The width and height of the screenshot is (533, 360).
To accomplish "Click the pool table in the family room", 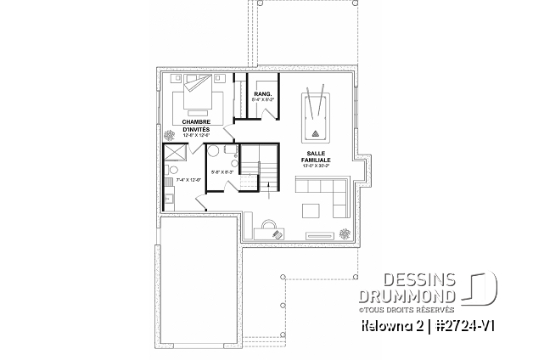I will [315, 116].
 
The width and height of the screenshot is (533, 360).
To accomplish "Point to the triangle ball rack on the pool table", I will [317, 132].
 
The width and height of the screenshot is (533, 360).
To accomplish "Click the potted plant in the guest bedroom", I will [173, 135].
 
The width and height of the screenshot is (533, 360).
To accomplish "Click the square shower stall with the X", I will [174, 153].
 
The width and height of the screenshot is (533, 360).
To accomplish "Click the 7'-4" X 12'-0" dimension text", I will [185, 180].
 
